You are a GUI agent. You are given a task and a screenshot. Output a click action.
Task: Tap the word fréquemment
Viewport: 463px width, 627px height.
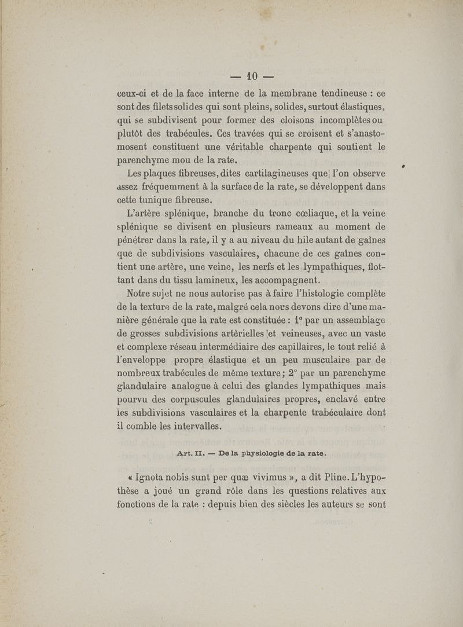[x=180, y=187]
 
